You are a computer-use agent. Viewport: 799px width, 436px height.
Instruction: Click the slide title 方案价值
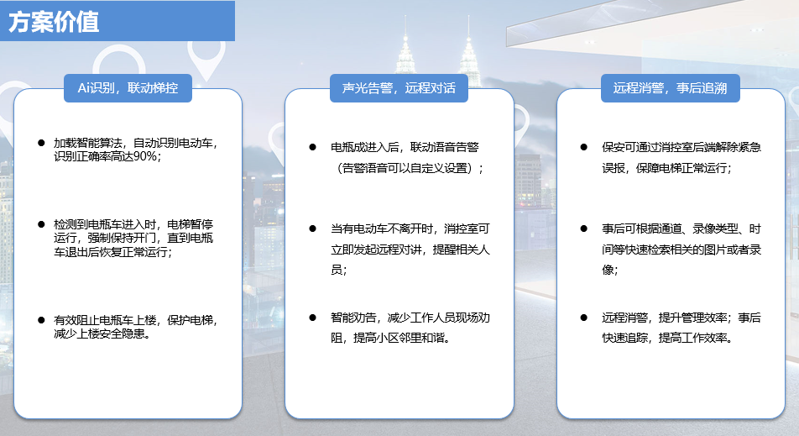point(54,22)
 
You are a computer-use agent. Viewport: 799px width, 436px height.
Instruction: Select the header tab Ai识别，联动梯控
point(128,88)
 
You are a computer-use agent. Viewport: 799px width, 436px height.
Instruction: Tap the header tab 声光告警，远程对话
point(399,88)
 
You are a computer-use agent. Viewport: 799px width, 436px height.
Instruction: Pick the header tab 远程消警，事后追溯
point(670,88)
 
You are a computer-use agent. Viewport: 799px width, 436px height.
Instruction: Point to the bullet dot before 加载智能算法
point(41,143)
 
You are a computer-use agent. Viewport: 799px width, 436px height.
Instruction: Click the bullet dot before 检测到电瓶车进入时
point(41,223)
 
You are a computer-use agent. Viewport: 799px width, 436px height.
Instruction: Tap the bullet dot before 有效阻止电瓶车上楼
point(41,320)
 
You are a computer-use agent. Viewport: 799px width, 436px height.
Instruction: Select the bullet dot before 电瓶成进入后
point(312,147)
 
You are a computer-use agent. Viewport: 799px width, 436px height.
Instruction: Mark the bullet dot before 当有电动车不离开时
point(312,229)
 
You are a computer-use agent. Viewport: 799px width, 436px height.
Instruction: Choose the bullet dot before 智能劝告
point(312,318)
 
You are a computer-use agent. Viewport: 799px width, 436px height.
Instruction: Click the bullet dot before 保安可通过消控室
point(583,147)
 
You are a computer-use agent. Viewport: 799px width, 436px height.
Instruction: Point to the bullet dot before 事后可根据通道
point(583,229)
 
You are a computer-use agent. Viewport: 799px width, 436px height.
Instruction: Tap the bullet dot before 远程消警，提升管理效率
point(583,318)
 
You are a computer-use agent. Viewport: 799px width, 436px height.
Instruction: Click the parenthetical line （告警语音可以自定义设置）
point(408,168)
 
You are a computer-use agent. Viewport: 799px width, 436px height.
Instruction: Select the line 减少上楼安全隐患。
point(102,334)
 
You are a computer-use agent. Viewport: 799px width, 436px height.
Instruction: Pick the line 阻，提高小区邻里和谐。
point(391,338)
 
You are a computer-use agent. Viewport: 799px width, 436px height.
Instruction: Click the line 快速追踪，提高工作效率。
point(668,338)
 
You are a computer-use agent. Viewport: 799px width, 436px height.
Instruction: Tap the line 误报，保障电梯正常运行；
point(667,168)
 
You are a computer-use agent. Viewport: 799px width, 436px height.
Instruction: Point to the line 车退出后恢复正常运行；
point(113,252)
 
